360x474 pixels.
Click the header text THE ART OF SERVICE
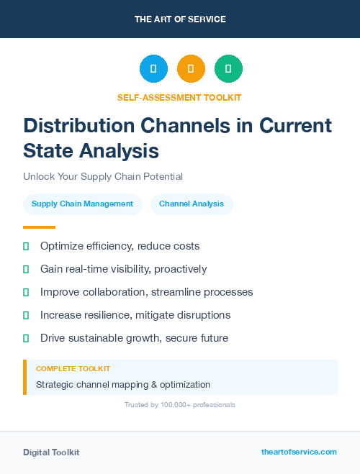click(x=180, y=19)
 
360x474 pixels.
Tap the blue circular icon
click(x=153, y=69)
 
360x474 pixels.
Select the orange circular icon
click(x=191, y=69)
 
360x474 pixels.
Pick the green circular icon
click(x=228, y=69)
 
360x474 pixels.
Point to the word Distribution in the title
click(x=82, y=126)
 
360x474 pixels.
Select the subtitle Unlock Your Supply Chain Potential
click(x=103, y=176)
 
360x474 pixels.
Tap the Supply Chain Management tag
click(x=82, y=204)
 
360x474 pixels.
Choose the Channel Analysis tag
click(x=192, y=204)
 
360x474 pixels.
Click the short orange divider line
click(x=39, y=227)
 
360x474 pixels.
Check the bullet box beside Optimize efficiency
click(x=26, y=246)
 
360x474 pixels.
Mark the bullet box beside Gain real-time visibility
click(x=26, y=269)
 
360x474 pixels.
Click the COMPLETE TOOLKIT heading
click(x=73, y=368)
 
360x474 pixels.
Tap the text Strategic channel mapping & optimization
click(x=123, y=385)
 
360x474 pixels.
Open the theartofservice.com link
click(x=299, y=452)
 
